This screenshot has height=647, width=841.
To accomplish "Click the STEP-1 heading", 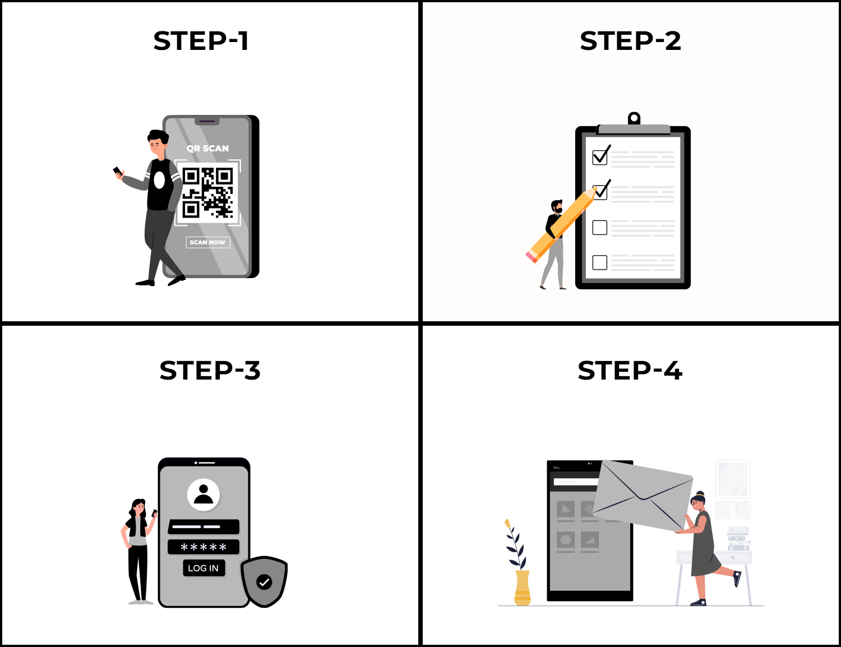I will (x=201, y=41).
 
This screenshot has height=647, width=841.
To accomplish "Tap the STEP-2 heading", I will (x=630, y=41).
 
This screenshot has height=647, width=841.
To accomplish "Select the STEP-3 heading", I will (x=210, y=371).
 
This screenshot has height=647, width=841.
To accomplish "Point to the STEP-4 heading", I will (x=630, y=371).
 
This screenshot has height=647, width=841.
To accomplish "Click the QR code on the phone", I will (x=207, y=192).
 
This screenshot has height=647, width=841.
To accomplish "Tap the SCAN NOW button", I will (x=207, y=242).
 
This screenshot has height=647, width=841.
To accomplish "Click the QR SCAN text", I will (x=207, y=149).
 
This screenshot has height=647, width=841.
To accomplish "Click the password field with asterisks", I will (x=204, y=547).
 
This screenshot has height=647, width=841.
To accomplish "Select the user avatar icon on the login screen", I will (x=204, y=494).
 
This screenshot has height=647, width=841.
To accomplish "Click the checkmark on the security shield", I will (x=264, y=582).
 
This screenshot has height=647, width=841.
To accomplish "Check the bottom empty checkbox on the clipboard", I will (x=600, y=262).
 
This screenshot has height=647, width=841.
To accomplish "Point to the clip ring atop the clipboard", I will (x=634, y=118).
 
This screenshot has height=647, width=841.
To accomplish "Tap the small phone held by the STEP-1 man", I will (x=117, y=171).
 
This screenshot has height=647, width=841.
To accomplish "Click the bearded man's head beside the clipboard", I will (x=556, y=206).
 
